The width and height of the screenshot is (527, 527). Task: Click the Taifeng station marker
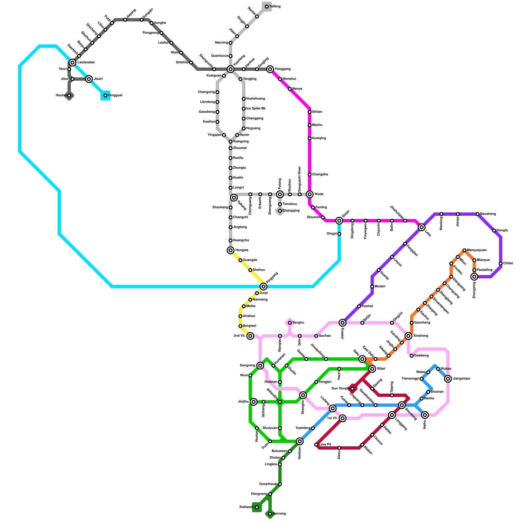(x=267, y=7)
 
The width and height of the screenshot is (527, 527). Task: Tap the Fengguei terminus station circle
(x=105, y=96)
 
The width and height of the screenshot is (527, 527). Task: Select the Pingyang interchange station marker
(x=263, y=287)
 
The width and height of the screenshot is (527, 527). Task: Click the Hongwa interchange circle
(x=231, y=250)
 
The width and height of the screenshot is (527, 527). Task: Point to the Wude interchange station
(x=310, y=194)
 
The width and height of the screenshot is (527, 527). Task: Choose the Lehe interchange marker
(x=422, y=227)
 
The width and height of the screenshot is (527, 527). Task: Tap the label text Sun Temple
(x=340, y=389)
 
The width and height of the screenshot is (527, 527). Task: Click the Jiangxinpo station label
(x=461, y=379)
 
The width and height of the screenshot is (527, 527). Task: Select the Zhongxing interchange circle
(x=474, y=277)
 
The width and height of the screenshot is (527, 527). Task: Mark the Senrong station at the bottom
(x=270, y=514)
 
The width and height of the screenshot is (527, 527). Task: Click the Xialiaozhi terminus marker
(x=257, y=507)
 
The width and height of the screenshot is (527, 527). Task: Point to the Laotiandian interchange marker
(x=72, y=63)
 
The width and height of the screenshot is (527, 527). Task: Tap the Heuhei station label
(x=61, y=96)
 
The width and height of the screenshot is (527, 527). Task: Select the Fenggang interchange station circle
(x=270, y=69)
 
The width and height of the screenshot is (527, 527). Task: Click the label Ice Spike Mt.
(x=256, y=109)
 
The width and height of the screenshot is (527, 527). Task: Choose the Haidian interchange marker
(x=300, y=441)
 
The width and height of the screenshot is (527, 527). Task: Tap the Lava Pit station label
(x=325, y=445)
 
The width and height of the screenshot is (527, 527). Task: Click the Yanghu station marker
(x=290, y=323)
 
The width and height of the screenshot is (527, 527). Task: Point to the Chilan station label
(x=508, y=263)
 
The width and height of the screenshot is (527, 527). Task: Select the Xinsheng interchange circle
(x=408, y=336)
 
